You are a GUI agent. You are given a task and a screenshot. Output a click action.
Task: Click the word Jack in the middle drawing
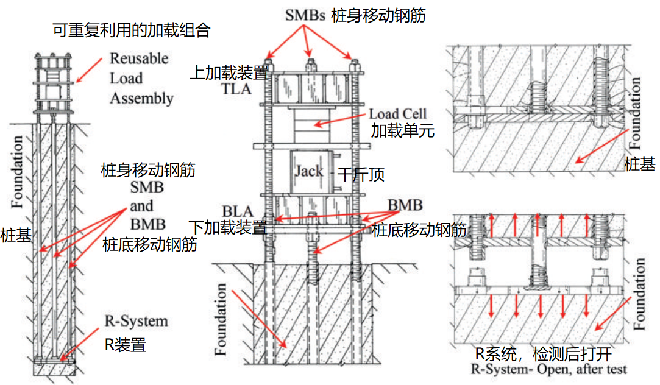[309, 171]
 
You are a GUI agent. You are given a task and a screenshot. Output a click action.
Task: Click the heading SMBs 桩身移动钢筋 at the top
[355, 16]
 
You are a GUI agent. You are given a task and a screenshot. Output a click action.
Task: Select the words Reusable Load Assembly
[141, 78]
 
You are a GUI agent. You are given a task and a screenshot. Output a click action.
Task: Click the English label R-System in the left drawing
[137, 321]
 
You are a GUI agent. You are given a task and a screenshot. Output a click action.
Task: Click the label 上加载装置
[229, 73]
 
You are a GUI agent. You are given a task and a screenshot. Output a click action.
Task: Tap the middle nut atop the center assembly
[311, 63]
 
